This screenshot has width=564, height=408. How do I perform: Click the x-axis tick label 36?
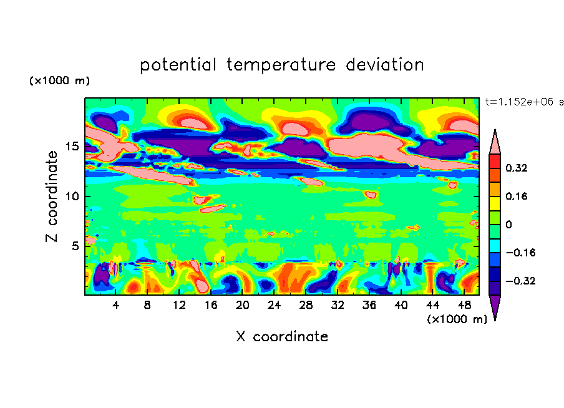[x=352, y=305]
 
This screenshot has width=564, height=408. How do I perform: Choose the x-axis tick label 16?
[x=210, y=305]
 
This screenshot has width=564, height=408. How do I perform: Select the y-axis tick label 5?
[x=75, y=246]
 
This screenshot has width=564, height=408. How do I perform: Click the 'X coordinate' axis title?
[x=282, y=337]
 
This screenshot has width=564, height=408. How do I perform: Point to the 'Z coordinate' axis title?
[x=52, y=196]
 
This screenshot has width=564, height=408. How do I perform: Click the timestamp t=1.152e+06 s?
[x=524, y=102]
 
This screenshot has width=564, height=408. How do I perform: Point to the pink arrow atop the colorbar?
[x=495, y=142]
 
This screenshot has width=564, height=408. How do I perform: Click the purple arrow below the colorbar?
[x=495, y=308]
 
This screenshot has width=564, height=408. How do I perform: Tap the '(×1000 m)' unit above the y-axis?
[x=60, y=81]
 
